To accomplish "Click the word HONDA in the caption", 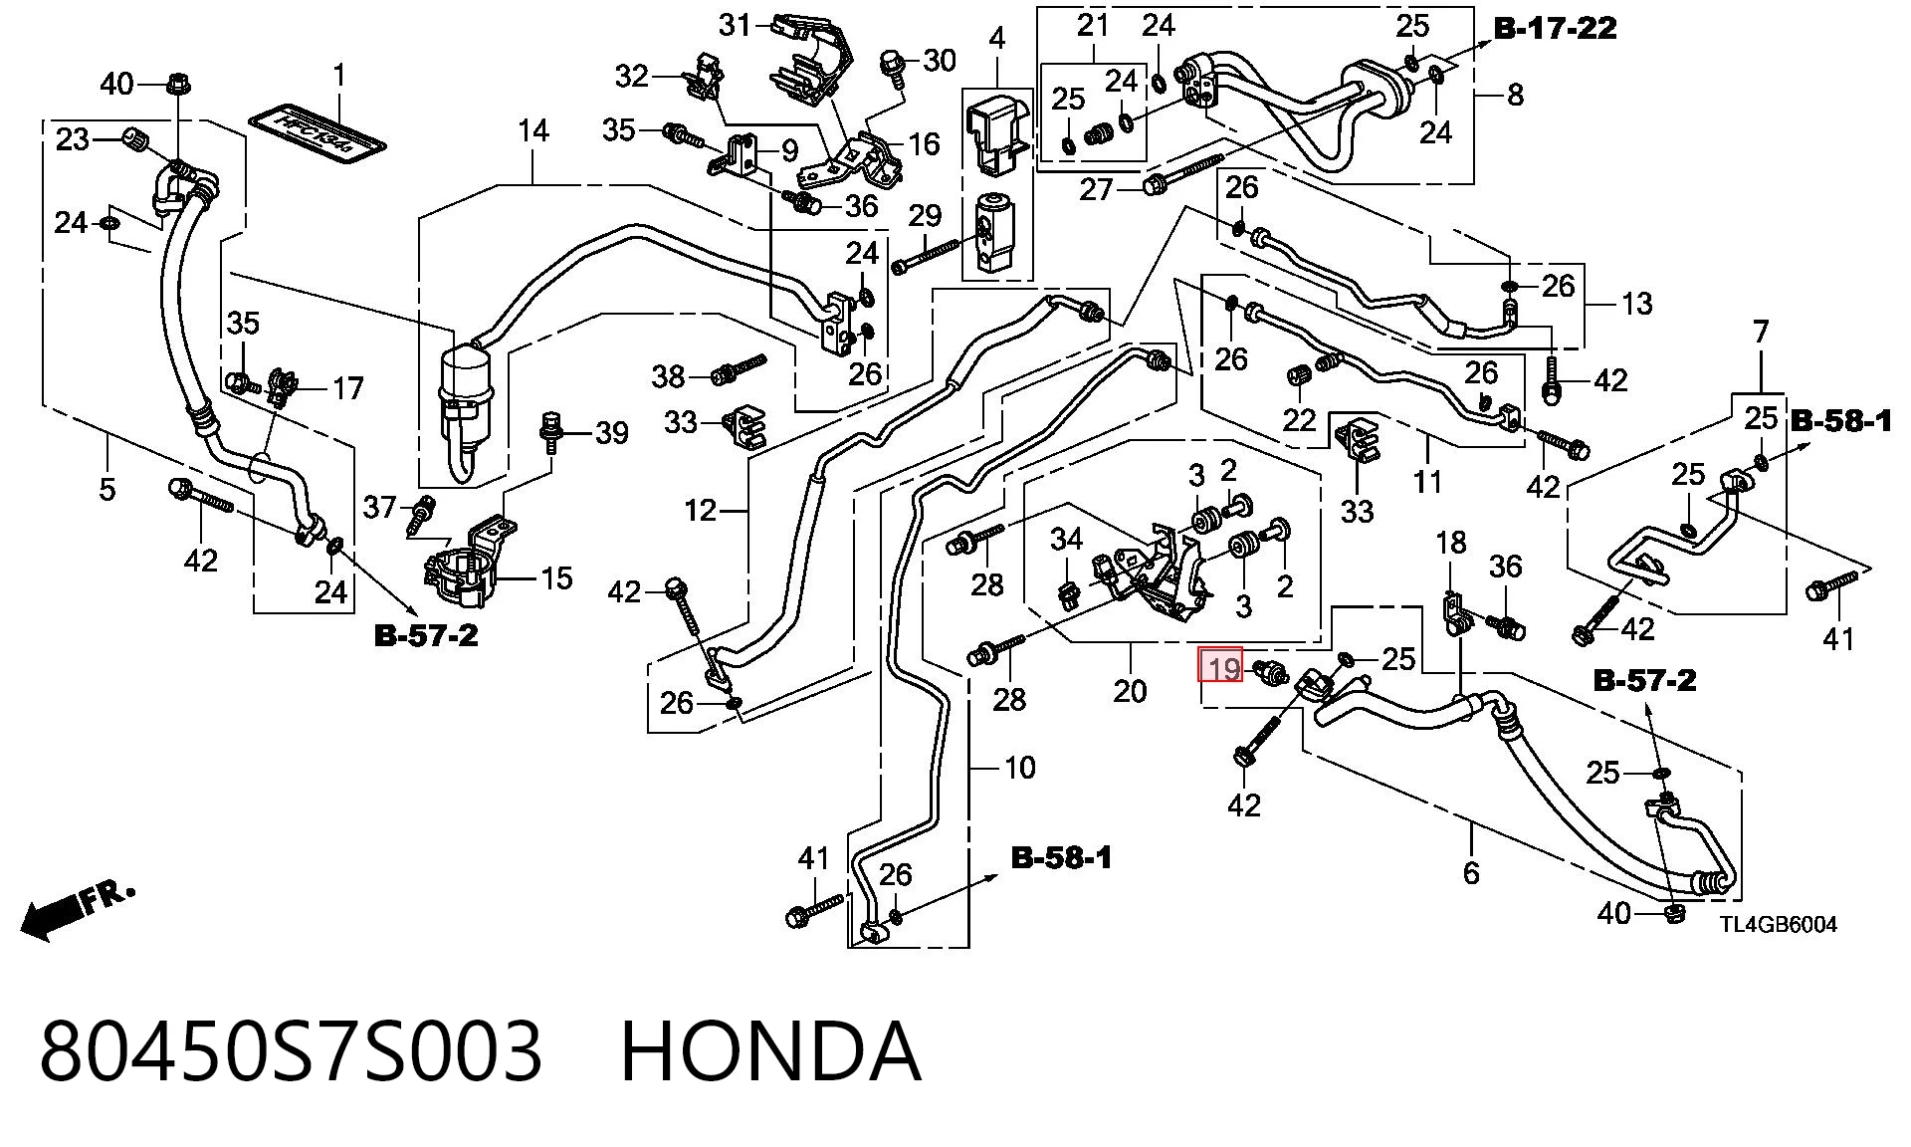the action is pos(770,1051).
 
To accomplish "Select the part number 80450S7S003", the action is pos(291,1051).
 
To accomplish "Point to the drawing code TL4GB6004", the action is pos(1779,924).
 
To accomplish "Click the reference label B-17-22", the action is pos(1556,28).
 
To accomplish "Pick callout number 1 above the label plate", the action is pos(339,76).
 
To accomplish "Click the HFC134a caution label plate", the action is pos(317,129).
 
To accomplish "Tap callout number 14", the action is pos(533,130).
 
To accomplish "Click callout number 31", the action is pos(736,24).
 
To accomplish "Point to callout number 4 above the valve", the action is pos(997,39).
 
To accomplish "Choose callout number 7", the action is pos(1761,332).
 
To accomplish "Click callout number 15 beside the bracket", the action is pos(556,577).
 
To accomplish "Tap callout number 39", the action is pos(612,432).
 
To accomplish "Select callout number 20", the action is pos(1130,690).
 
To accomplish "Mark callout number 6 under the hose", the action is pos(1471,872).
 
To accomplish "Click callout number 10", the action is pos(1020,768).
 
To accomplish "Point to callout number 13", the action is pos(1637,303).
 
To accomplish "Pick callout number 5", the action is pos(106,489).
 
